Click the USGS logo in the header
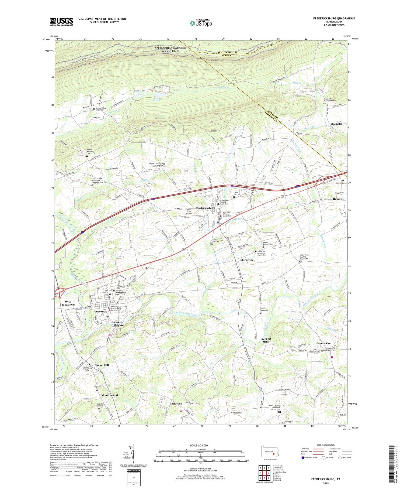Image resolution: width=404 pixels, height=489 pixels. coord(61,22)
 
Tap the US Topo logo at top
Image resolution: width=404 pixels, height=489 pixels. coord(201,23)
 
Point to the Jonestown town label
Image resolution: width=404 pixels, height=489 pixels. coord(100,312)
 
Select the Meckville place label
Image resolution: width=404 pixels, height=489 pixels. coord(336,124)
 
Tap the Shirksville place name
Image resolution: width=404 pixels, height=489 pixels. coord(247,260)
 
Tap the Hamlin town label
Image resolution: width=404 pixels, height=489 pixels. coord(337,199)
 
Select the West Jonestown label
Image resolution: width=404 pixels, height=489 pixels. coord(68,303)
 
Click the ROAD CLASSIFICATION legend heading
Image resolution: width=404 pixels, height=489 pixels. coord(326,445)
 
